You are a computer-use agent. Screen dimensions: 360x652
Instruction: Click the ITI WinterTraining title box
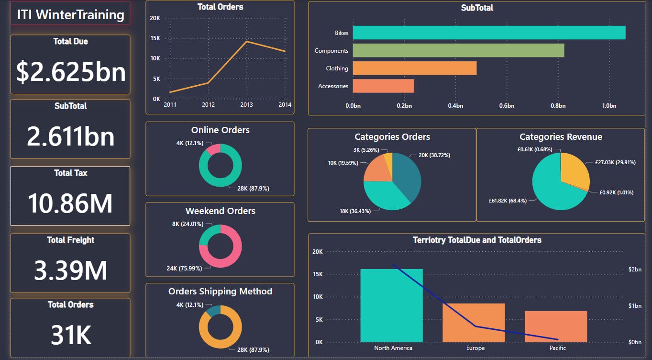point(70,14)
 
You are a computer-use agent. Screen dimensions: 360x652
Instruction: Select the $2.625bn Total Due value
point(71,72)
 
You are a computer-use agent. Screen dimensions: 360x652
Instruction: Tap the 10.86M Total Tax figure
point(70,202)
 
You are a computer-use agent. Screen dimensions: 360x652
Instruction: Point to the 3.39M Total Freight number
point(70,270)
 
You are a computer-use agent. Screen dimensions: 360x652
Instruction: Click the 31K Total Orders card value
point(71,335)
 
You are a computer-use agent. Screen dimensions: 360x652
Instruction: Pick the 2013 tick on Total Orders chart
point(246,105)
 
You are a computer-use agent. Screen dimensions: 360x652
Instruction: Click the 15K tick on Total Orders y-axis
point(155,38)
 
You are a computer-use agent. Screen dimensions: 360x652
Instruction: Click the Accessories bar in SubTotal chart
point(383,86)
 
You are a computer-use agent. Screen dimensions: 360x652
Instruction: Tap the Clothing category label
point(337,68)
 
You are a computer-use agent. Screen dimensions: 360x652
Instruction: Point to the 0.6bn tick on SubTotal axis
point(507,106)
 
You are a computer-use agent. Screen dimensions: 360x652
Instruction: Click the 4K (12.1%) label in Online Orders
point(189,143)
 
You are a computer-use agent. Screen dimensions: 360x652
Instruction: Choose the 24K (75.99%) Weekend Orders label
point(184,269)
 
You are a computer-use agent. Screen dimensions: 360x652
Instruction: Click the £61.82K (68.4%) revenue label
point(508,201)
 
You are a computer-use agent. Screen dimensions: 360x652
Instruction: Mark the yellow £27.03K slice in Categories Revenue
point(574,170)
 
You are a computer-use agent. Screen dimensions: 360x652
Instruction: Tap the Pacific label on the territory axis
point(557,348)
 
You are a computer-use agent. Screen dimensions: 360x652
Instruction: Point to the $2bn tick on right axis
point(635,270)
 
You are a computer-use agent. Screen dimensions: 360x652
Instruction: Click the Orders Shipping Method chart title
point(220,292)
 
